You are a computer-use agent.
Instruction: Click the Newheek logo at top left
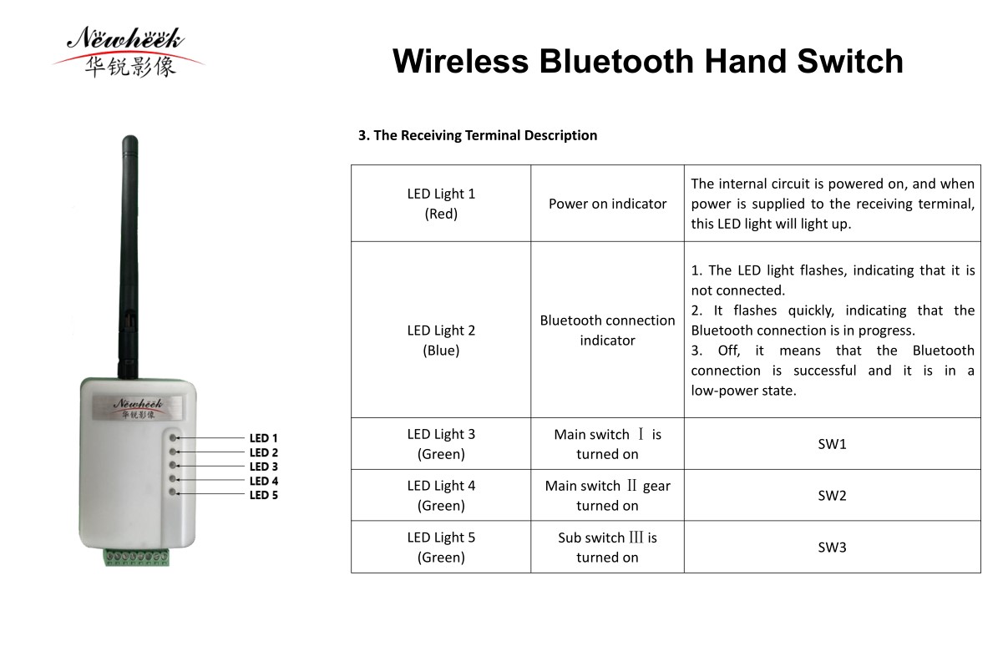coord(128,53)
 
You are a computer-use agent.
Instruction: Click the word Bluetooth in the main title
coord(616,62)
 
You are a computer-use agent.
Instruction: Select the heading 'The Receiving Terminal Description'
coord(485,135)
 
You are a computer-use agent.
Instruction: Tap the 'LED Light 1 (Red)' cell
coord(441,204)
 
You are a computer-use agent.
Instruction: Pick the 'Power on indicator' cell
coord(607,204)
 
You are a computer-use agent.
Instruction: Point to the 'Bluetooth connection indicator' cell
coord(607,331)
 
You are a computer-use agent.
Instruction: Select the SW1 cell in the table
coord(832,444)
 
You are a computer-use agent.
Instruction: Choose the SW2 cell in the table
coord(832,495)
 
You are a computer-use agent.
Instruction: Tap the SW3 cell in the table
coord(832,547)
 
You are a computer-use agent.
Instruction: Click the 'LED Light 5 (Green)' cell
coord(441,547)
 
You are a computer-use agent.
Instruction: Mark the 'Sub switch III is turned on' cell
coord(607,547)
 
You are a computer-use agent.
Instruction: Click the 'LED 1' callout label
coord(264,438)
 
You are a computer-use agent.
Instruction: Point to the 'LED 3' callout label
coord(264,467)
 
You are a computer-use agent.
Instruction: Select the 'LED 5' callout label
coord(264,495)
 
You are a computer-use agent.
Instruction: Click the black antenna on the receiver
coord(129,256)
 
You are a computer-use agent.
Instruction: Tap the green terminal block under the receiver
coord(137,557)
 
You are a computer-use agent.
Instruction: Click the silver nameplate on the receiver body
coord(137,408)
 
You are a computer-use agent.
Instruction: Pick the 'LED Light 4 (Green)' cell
coord(441,495)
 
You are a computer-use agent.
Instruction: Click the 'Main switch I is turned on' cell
coord(607,444)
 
